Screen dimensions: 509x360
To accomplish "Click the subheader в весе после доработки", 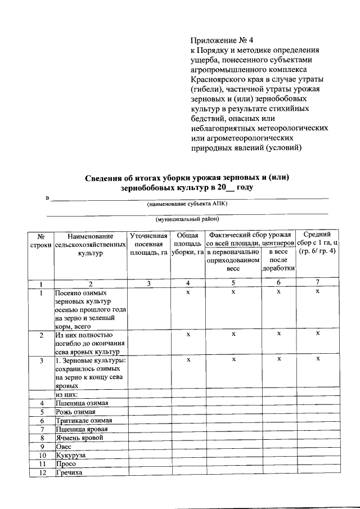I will tap(278, 260).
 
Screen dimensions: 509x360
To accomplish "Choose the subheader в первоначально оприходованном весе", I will tap(233, 260).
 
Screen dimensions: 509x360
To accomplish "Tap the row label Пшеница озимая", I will tap(82, 403).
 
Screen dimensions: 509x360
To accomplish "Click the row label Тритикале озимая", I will tap(84, 421).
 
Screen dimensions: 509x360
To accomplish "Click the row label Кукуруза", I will tap(70, 455).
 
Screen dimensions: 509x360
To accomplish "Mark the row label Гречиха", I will tap(69, 472).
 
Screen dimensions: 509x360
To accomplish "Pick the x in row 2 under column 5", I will tap(233, 334).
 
